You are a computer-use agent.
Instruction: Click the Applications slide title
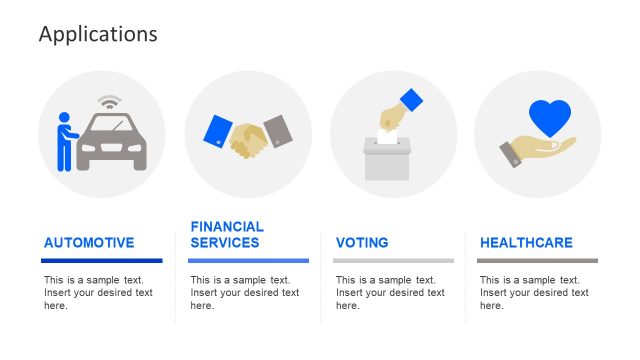(98, 34)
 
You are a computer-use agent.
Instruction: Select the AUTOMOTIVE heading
(89, 242)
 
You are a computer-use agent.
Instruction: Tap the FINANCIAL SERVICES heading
(227, 235)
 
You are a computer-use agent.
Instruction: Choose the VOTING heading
(362, 242)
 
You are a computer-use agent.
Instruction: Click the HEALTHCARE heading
(526, 242)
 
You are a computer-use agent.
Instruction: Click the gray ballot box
(387, 160)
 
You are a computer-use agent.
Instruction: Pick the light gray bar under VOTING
(393, 260)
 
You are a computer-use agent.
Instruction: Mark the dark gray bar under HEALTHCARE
(537, 260)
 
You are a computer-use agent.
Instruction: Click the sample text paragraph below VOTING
(390, 293)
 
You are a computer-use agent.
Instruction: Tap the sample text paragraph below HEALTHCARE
(534, 293)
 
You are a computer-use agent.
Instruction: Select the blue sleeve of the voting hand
(411, 101)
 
